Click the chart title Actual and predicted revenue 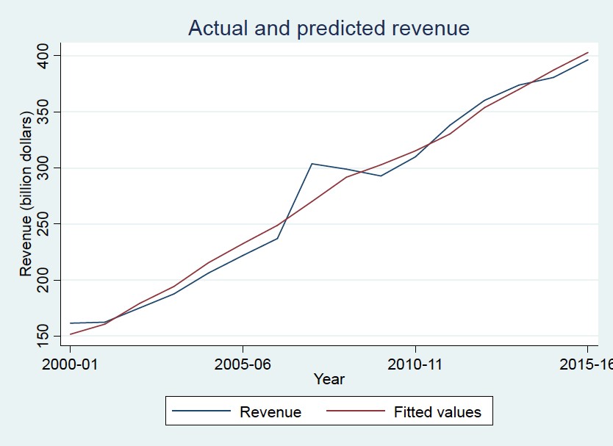[x=329, y=28]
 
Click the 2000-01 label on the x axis [x=71, y=364]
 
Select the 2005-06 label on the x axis [x=243, y=364]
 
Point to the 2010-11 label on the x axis [x=415, y=364]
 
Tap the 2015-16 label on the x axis [x=586, y=364]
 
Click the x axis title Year [x=329, y=380]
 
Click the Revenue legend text [x=270, y=411]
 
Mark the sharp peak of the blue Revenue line [x=312, y=164]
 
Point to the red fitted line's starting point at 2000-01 [x=71, y=334]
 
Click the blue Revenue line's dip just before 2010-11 [x=381, y=176]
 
